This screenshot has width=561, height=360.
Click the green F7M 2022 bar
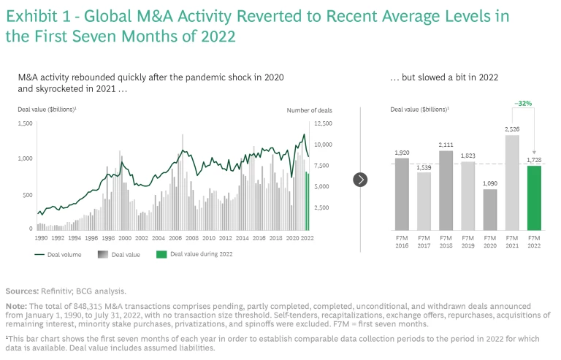534,197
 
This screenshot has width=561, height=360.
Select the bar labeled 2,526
512,183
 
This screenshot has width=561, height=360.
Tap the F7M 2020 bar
489,210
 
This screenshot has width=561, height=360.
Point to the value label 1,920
401,152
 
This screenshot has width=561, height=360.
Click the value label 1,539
423,167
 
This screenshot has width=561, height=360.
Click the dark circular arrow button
360,179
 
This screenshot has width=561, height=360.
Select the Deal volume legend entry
59,254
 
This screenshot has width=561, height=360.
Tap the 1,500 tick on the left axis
25,124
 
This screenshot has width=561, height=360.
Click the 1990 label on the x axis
42,238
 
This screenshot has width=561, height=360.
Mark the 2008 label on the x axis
190,238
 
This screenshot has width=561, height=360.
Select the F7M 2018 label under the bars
446,242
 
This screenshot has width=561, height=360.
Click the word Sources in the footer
22,291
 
